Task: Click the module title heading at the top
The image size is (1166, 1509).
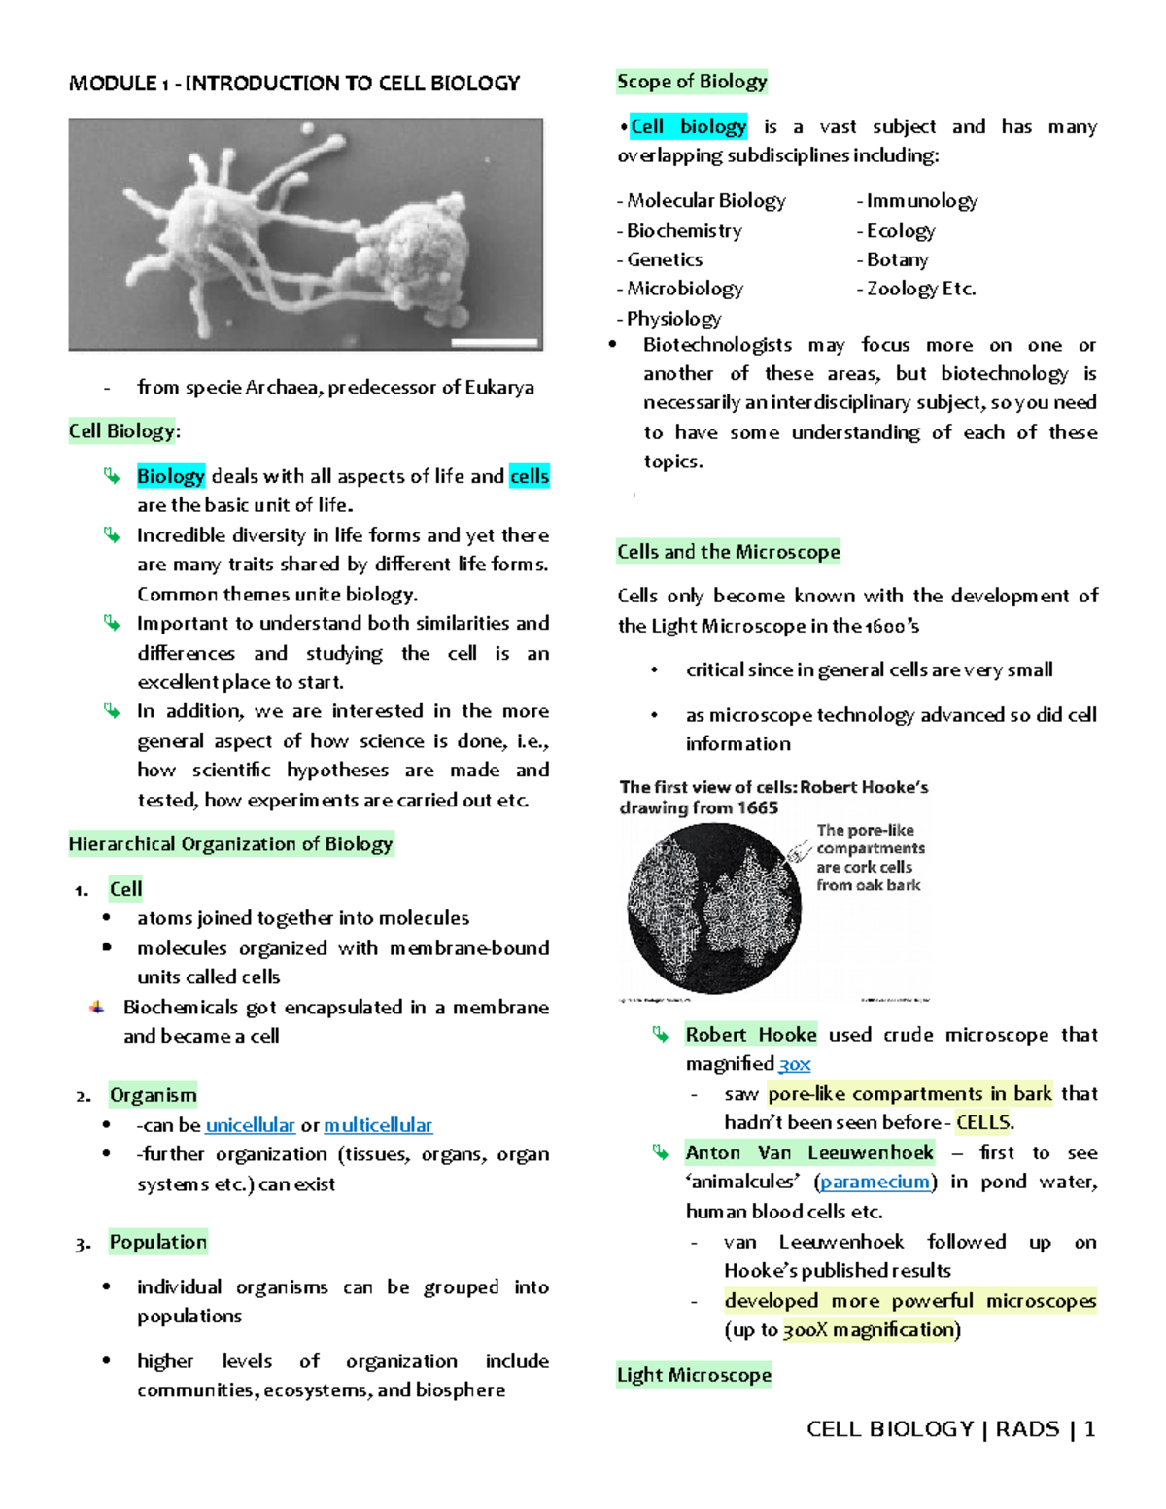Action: pos(294,84)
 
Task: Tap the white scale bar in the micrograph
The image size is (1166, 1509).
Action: pos(495,342)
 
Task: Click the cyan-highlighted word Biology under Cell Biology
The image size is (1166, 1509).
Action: pos(170,476)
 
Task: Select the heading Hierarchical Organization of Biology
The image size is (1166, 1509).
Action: pos(230,843)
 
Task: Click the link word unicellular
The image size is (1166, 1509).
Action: pos(250,1125)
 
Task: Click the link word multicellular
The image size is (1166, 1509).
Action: pos(378,1125)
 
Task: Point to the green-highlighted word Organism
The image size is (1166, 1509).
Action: pos(153,1095)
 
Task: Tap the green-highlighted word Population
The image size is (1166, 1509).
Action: pos(157,1242)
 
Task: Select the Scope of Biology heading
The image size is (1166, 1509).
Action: pos(692,82)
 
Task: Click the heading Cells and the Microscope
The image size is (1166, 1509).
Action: pos(728,552)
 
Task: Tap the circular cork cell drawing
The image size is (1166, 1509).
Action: pos(714,909)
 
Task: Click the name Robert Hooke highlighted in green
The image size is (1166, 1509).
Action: pos(750,1035)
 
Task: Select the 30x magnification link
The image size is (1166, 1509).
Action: pos(795,1064)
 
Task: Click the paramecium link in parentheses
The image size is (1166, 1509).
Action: pos(874,1182)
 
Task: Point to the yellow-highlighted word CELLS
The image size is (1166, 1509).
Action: pos(982,1122)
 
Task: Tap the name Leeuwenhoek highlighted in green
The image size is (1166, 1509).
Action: pos(870,1152)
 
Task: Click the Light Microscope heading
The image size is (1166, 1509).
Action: pos(694,1375)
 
